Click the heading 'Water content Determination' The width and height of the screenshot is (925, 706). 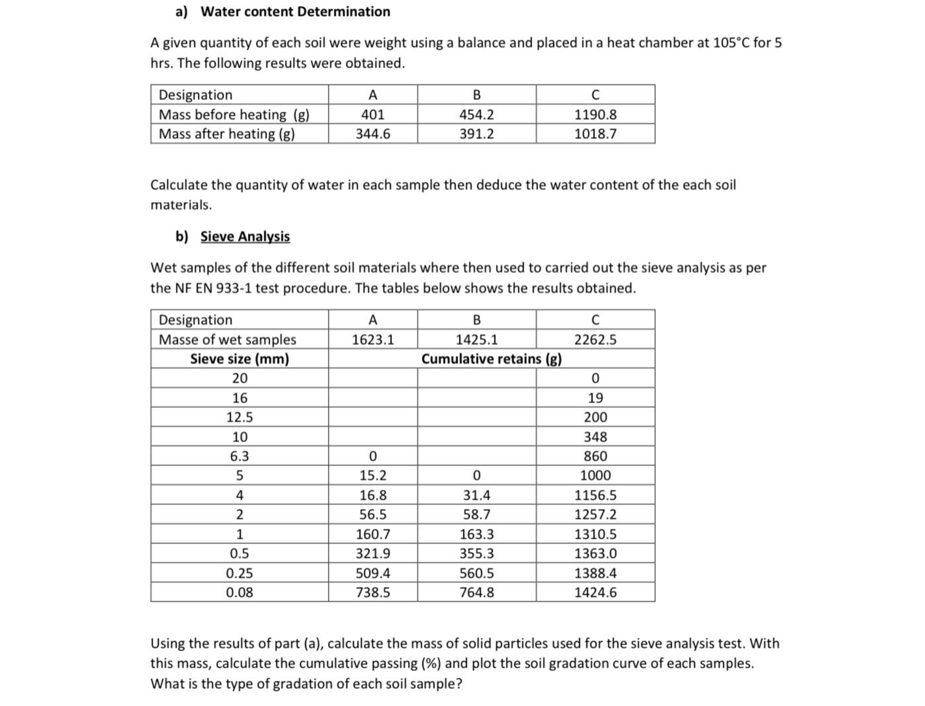pyautogui.click(x=295, y=12)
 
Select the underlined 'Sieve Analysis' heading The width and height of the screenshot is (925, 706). pyautogui.click(x=245, y=237)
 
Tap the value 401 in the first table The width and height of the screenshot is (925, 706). pyautogui.click(x=372, y=114)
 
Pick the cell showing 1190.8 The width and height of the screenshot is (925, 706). pyautogui.click(x=595, y=114)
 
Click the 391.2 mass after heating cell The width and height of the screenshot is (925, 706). pyautogui.click(x=476, y=134)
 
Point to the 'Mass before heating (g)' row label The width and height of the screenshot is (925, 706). pyautogui.click(x=233, y=114)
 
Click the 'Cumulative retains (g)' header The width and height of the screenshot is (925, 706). pyautogui.click(x=491, y=359)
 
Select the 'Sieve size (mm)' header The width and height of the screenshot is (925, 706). pyautogui.click(x=239, y=359)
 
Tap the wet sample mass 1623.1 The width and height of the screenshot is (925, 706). pyautogui.click(x=372, y=340)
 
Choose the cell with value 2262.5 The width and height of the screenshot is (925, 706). pyautogui.click(x=595, y=340)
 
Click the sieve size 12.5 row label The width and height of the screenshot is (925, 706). pyautogui.click(x=239, y=417)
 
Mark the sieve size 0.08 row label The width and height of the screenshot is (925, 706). pyautogui.click(x=239, y=592)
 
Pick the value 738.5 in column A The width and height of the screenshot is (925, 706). pyautogui.click(x=372, y=592)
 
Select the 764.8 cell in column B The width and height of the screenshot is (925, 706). pyautogui.click(x=476, y=592)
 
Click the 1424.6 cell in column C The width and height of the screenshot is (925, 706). pyautogui.click(x=595, y=592)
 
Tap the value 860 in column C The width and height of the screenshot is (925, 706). pyautogui.click(x=595, y=456)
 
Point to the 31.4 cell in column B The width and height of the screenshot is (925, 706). pyautogui.click(x=476, y=495)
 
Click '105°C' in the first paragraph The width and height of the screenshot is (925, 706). pyautogui.click(x=731, y=43)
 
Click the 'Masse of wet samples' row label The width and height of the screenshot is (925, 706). pyautogui.click(x=227, y=340)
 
